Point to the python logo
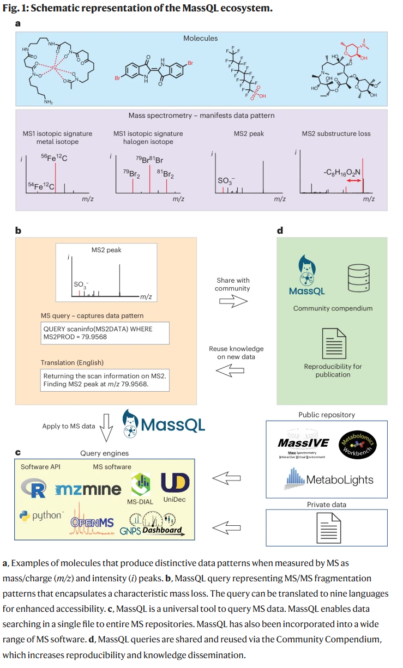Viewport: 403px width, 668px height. coord(41,515)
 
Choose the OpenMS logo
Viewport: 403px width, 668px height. coord(92,522)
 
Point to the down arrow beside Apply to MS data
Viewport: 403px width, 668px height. coord(107,427)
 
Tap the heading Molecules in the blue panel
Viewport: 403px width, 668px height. coord(200,38)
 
